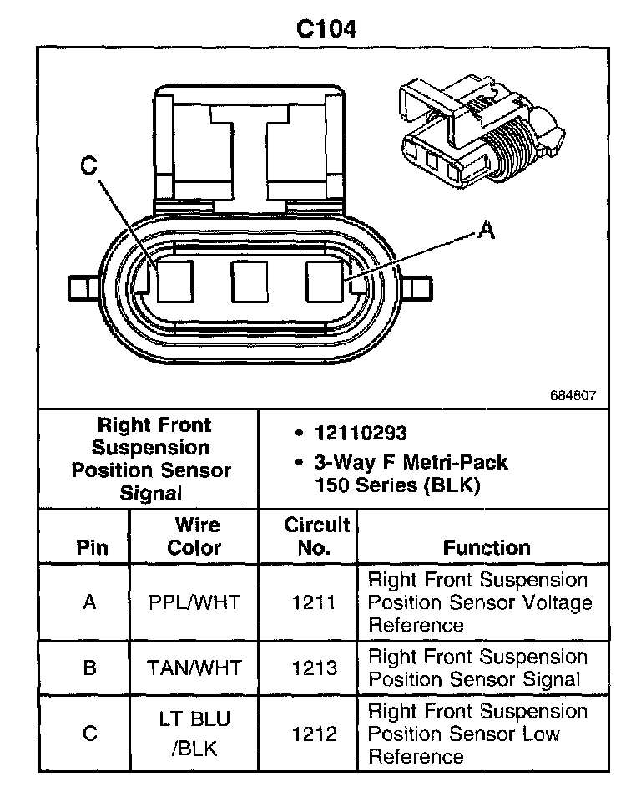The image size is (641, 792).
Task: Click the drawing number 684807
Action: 573,395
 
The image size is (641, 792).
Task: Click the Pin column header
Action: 92,548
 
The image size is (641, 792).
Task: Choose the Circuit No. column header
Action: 316,536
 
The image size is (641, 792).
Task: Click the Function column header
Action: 487,548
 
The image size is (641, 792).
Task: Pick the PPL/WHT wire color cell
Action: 194,602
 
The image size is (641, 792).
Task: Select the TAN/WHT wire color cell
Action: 194,668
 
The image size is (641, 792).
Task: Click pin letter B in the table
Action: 90,668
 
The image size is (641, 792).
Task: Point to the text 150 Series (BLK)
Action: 396,485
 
